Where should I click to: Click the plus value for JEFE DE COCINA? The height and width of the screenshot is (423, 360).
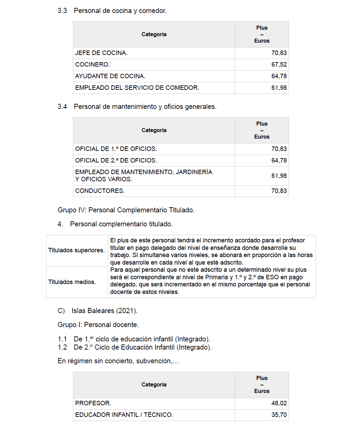click(279, 53)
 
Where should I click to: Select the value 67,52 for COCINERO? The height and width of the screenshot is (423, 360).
click(279, 65)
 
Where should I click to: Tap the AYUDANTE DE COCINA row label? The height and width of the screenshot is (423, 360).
click(110, 76)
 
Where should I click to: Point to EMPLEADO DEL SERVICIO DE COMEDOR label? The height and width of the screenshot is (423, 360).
click(137, 88)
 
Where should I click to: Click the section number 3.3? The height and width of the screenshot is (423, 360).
click(62, 11)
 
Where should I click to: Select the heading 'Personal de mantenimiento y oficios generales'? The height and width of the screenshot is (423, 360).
click(145, 107)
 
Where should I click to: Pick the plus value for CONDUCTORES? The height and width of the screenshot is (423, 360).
click(279, 191)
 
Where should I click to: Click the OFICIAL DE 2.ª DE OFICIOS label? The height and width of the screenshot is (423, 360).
click(116, 160)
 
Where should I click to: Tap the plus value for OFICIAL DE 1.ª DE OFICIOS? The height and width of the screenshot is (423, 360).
click(279, 149)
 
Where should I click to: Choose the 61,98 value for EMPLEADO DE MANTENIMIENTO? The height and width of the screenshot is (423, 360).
click(279, 176)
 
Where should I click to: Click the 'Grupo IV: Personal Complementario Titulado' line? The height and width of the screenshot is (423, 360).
click(126, 210)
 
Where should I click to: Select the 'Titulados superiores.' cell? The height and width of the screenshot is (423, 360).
click(76, 250)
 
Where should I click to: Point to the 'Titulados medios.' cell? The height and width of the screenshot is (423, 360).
click(72, 282)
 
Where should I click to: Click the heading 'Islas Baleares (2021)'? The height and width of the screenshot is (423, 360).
click(104, 311)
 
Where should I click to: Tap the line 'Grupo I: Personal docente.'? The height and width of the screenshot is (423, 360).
click(98, 325)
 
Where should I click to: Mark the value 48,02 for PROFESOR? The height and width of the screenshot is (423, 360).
click(279, 403)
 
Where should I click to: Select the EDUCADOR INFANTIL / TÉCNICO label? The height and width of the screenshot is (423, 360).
click(124, 415)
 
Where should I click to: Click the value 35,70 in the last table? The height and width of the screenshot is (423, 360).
click(279, 415)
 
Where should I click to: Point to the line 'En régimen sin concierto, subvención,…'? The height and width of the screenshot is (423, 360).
click(118, 361)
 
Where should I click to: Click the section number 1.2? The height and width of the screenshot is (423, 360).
click(62, 347)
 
